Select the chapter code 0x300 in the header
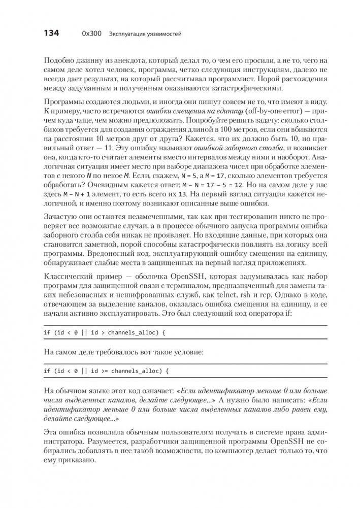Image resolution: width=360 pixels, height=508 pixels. point(91,34)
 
